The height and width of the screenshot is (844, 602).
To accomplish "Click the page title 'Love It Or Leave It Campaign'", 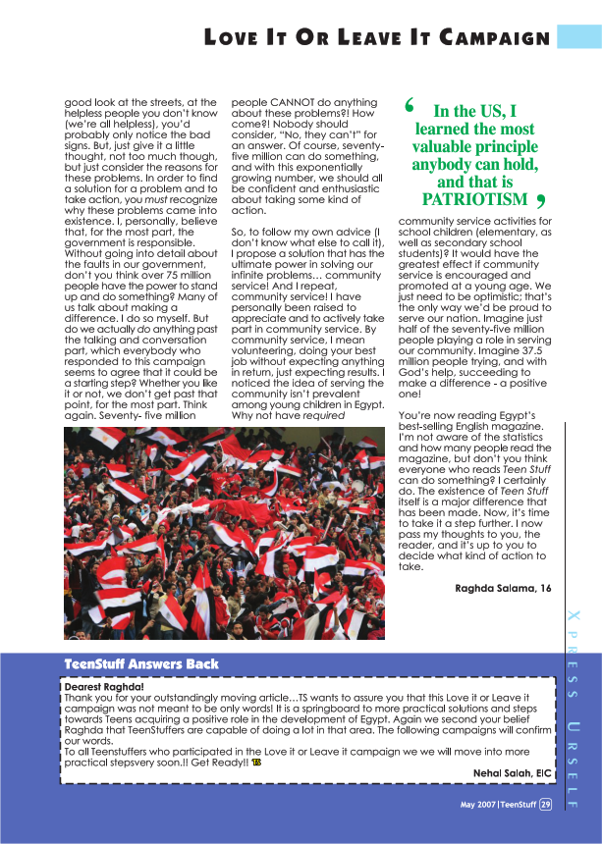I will [376, 37].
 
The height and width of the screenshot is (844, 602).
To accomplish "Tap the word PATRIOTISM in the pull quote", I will [474, 199].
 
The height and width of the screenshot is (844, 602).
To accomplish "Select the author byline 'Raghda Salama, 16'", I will [504, 588].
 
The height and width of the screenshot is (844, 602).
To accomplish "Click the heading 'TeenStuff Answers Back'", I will [141, 664].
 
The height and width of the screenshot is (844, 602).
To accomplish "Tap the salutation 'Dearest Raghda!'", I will [103, 687].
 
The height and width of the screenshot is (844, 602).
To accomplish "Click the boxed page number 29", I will [545, 805].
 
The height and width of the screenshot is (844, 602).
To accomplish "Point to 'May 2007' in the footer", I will [478, 805].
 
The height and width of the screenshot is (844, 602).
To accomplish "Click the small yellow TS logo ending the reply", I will [256, 762].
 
